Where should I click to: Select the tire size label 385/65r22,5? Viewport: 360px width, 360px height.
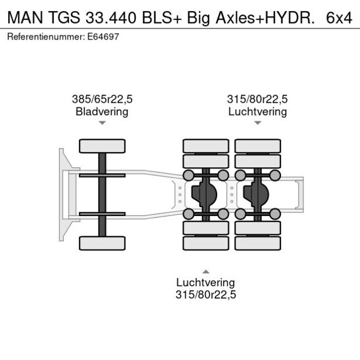pos(102,99)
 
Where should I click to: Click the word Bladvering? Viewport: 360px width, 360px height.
pos(102,111)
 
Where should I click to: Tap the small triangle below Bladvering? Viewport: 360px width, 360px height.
pos(102,123)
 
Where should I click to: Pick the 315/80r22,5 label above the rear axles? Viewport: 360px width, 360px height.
pos(257,99)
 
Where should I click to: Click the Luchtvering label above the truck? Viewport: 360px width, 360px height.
pos(257,111)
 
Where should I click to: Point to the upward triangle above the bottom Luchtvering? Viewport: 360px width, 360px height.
pos(206,271)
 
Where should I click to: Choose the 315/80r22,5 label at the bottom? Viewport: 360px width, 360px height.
pos(206,294)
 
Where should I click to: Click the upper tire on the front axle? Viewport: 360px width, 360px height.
pos(102,146)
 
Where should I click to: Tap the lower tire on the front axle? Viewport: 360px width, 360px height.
pos(102,243)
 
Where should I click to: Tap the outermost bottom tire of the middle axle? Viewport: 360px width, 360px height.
pos(206,243)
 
